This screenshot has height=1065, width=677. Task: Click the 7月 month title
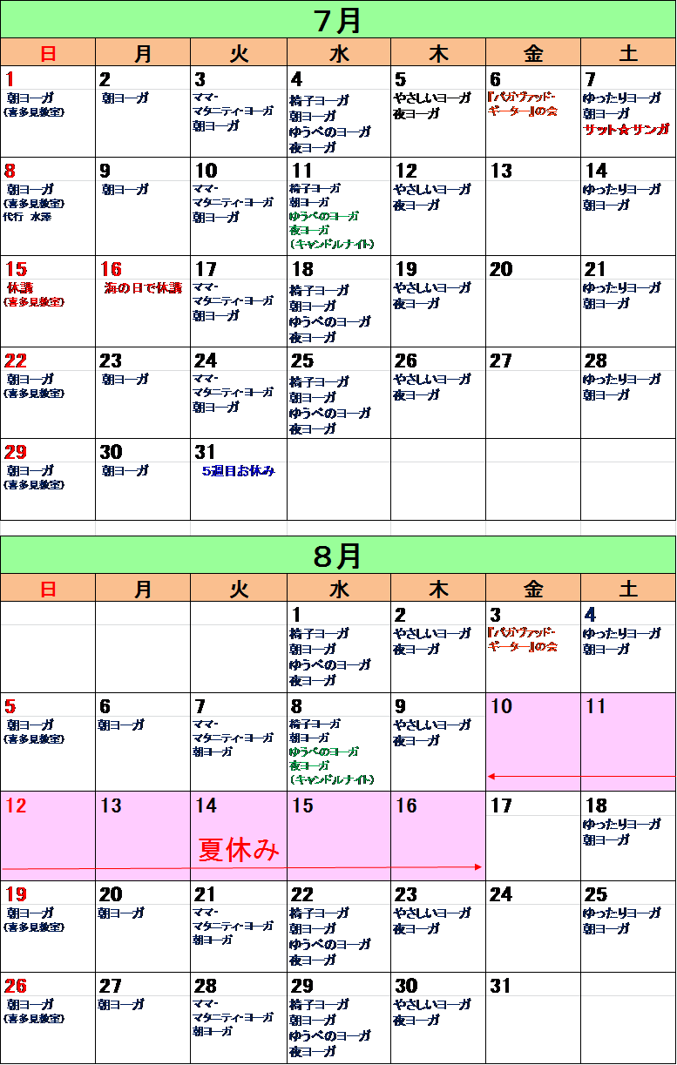click(338, 19)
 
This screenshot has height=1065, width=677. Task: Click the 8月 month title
click(338, 555)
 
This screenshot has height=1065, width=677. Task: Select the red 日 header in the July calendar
click(48, 53)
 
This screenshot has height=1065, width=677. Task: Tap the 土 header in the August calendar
click(628, 589)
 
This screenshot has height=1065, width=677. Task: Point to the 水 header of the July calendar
click(339, 53)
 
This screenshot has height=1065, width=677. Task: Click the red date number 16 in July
click(112, 269)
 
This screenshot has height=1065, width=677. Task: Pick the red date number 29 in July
click(17, 452)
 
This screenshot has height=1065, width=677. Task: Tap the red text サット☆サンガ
click(626, 130)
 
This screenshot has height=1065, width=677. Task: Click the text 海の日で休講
click(143, 287)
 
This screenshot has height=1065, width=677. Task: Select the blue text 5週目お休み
click(238, 471)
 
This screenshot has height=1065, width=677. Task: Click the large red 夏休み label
click(240, 850)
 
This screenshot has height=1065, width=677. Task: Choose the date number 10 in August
click(501, 706)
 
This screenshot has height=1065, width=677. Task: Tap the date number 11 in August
click(596, 706)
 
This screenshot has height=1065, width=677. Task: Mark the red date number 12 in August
click(17, 805)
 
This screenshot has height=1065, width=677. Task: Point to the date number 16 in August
click(407, 805)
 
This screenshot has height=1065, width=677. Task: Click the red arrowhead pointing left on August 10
click(491, 776)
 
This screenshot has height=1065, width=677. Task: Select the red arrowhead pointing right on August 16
click(478, 866)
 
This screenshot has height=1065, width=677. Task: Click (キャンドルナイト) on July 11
click(331, 245)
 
